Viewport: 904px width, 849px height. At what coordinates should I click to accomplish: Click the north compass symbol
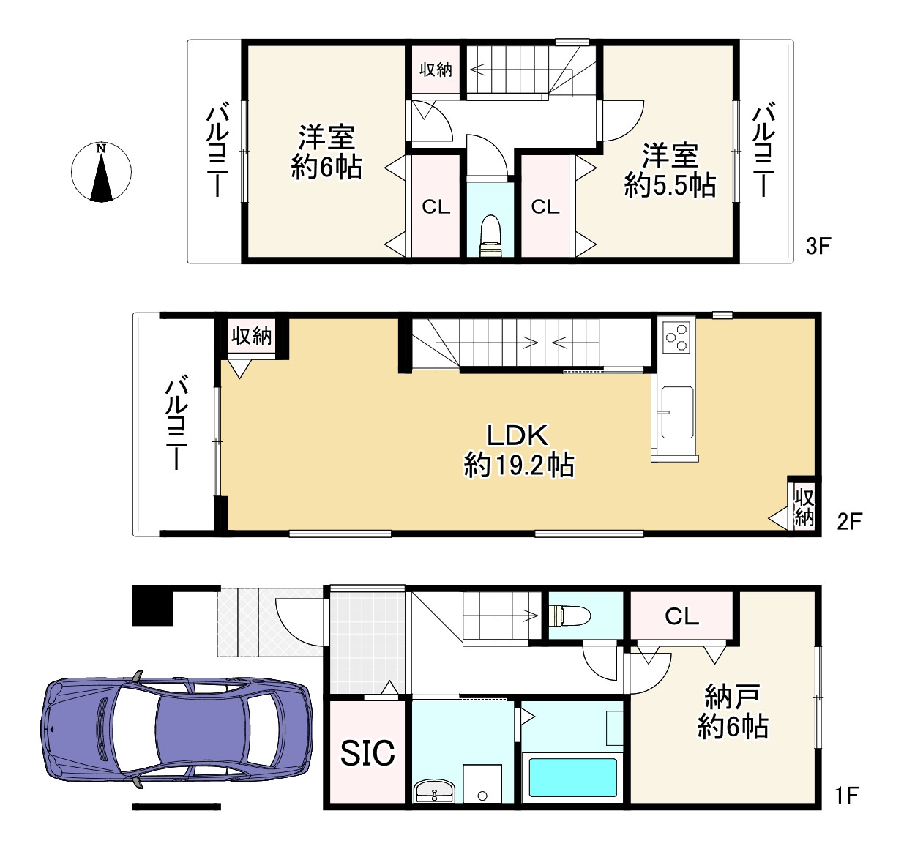[x=101, y=172]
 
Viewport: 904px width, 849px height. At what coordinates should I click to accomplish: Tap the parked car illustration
[x=176, y=730]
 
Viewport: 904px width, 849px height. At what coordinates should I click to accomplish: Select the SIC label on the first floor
[x=367, y=752]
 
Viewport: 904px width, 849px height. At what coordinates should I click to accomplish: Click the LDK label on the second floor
[x=518, y=435]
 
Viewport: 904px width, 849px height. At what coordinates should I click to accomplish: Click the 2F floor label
[x=849, y=521]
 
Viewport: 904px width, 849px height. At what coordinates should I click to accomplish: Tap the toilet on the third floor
[x=490, y=236]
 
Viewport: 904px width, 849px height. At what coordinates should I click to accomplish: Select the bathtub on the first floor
[x=572, y=777]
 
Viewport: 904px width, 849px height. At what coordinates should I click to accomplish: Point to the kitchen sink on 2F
[x=677, y=413]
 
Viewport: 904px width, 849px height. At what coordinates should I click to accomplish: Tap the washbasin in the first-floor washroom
[x=435, y=790]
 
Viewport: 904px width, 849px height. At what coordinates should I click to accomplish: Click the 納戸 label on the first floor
[x=733, y=696]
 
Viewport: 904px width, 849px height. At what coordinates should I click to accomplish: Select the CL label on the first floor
[x=681, y=617]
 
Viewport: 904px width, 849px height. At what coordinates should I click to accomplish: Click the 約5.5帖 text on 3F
[x=670, y=186]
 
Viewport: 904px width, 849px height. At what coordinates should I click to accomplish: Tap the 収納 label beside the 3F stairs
[x=436, y=70]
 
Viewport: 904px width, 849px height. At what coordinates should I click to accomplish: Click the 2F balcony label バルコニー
[x=176, y=422]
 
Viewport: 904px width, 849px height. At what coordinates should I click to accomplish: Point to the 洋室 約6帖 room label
[x=326, y=152]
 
